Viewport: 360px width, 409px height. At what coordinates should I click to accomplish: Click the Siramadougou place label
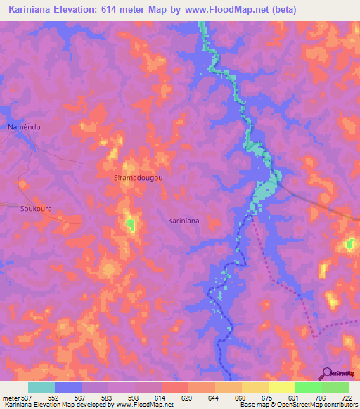(x=139, y=178)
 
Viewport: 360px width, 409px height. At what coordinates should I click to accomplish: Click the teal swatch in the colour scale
(x=41, y=387)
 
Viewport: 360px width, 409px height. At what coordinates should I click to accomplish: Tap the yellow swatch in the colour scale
(x=281, y=387)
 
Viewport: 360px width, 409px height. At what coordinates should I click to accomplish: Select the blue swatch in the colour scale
(x=68, y=387)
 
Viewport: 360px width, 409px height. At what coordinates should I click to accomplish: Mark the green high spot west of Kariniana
(x=129, y=224)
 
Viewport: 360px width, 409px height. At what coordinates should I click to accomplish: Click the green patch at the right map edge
(x=350, y=245)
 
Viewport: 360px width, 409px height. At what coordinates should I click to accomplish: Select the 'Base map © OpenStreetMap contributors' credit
(x=297, y=404)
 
